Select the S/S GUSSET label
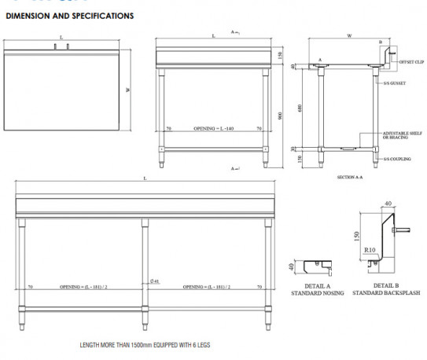point(394,83)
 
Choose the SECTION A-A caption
point(348,178)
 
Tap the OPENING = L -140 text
point(214,127)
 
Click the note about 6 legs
point(145,345)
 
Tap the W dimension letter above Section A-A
point(348,36)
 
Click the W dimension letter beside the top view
point(127,90)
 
